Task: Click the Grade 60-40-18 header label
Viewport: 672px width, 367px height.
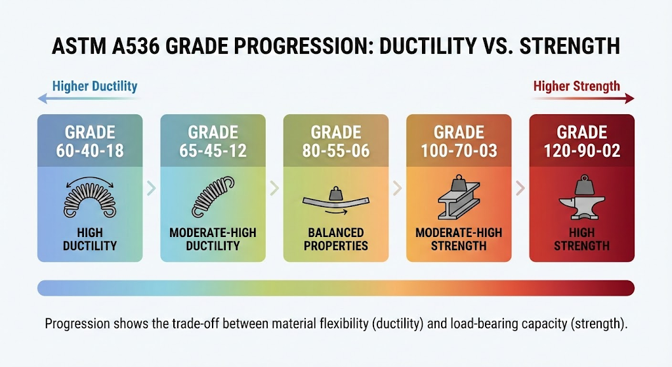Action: pyautogui.click(x=90, y=142)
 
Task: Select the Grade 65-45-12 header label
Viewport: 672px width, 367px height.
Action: pyautogui.click(x=213, y=142)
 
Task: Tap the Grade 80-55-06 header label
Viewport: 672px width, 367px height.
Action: pyautogui.click(x=336, y=142)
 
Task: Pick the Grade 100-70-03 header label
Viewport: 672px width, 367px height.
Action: pyautogui.click(x=459, y=142)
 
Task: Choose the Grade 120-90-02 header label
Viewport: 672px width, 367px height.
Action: pyautogui.click(x=582, y=142)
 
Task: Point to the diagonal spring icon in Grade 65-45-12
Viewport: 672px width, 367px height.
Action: pyautogui.click(x=213, y=197)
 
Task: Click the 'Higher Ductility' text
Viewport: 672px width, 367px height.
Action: pyautogui.click(x=94, y=87)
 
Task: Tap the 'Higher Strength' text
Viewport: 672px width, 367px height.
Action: pyautogui.click(x=576, y=87)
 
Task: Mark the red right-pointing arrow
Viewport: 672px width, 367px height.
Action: pyautogui.click(x=583, y=99)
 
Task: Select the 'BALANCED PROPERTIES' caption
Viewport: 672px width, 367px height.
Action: pyautogui.click(x=336, y=239)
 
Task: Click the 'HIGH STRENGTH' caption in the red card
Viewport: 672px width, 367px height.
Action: pyautogui.click(x=582, y=239)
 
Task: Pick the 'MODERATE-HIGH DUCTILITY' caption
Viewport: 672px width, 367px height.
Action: pyautogui.click(x=213, y=239)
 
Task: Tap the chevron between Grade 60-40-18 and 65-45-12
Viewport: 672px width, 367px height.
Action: pyautogui.click(x=152, y=188)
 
